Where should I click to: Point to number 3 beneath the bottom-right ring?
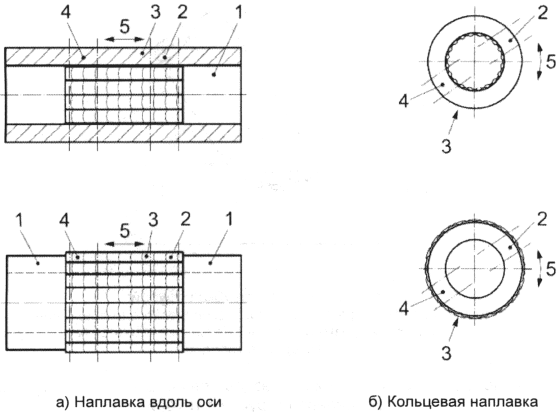tap(446, 354)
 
